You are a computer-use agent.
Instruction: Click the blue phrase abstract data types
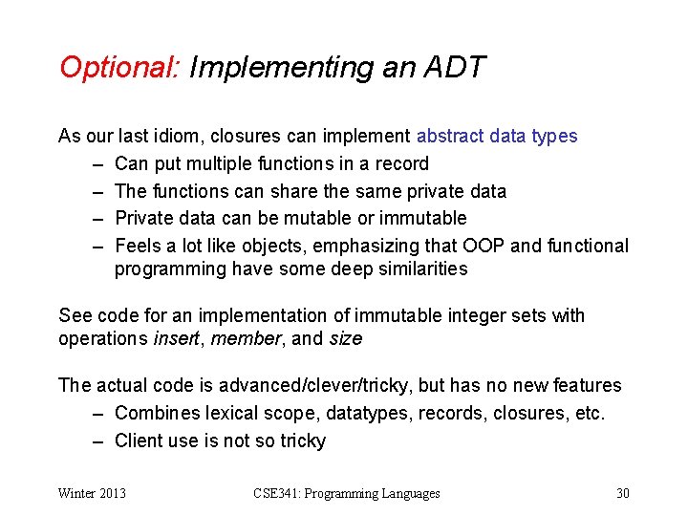pos(497,136)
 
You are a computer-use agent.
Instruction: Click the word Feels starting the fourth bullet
pos(138,246)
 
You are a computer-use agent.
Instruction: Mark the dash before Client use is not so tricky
pos(98,441)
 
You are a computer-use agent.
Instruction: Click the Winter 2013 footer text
pos(92,493)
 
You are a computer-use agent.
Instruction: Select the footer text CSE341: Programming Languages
pos(347,493)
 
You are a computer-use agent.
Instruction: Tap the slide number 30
pos(623,493)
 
